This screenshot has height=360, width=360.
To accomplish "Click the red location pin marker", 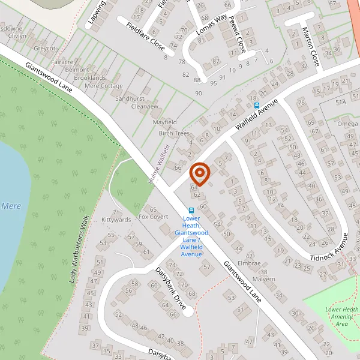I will point(199,174).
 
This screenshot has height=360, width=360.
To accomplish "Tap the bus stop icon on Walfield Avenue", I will point(256,105).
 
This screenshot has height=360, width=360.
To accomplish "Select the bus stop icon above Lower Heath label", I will point(191,211).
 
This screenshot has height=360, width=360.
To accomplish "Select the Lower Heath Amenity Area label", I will point(341,316).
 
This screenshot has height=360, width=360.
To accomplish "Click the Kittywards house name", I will point(116,220).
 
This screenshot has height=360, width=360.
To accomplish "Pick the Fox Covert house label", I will point(153,217).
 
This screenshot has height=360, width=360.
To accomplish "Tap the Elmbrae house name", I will point(249,263).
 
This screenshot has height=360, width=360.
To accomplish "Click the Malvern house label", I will point(263,279).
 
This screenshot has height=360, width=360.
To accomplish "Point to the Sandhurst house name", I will point(130,98).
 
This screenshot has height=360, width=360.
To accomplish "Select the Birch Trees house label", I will point(174,133).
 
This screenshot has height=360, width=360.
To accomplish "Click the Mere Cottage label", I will point(104,86).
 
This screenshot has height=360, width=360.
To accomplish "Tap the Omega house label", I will point(347,124).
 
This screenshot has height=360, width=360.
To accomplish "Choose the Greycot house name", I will point(44,48).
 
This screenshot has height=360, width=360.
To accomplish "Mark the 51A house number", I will point(341,103).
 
